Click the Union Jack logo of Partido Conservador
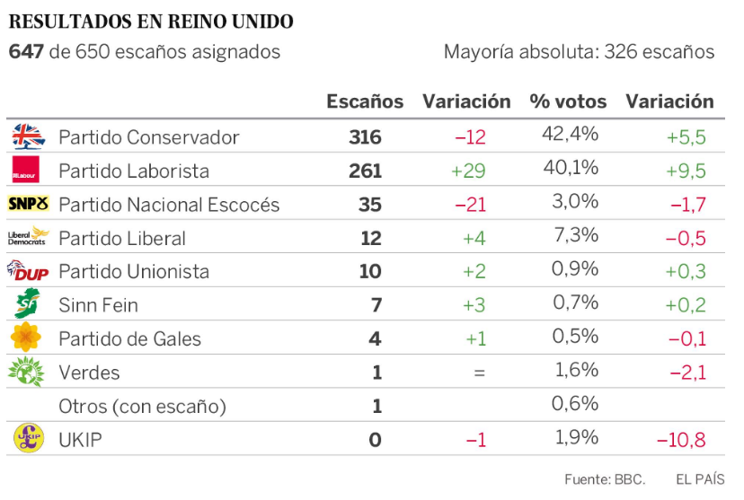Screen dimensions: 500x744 [28, 136]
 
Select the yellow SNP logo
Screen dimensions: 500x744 [28, 204]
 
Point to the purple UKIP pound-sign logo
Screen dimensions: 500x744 [28, 438]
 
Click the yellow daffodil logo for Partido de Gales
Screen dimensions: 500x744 [27, 338]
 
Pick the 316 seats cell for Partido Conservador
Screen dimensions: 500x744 [365, 137]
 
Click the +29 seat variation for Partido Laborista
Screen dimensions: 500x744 [468, 171]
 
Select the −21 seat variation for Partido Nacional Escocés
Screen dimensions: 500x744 [470, 205]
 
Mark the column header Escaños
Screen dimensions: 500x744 [365, 101]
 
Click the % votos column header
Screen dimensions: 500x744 [568, 101]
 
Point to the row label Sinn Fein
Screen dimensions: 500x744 [98, 305]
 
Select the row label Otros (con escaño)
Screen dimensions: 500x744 [142, 407]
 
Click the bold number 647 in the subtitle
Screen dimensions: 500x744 [26, 52]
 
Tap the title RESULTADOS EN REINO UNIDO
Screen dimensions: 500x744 [150, 21]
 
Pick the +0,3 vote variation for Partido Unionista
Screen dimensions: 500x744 [685, 272]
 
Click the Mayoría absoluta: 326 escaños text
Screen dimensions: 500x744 [579, 52]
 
